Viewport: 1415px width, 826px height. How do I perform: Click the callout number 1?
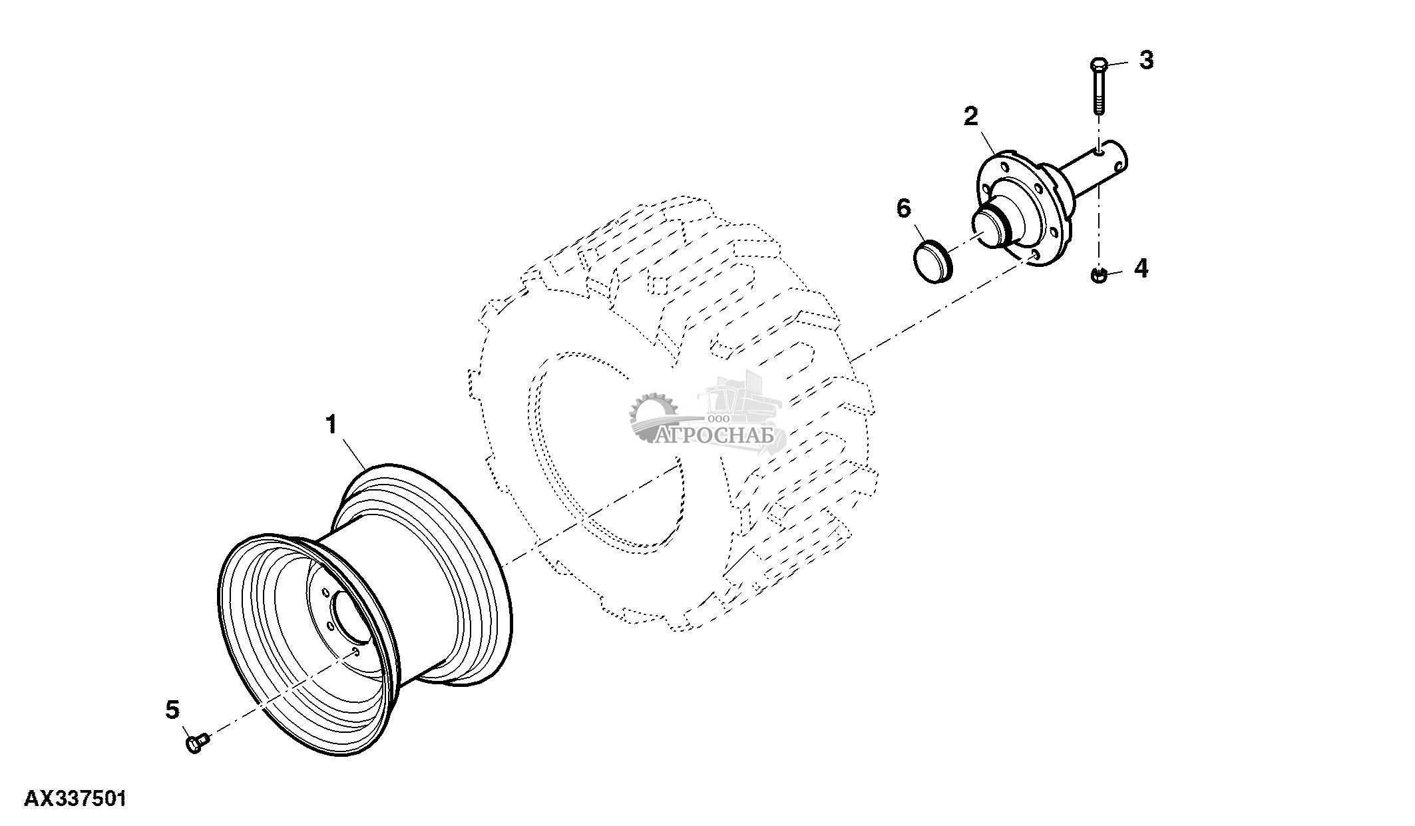pos(331,425)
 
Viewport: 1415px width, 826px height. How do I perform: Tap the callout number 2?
pos(971,116)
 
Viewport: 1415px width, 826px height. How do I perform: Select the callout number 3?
pos(1145,61)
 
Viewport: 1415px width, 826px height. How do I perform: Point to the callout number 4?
pos(1141,269)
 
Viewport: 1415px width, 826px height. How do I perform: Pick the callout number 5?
pos(172,710)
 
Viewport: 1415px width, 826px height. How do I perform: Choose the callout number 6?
pos(903,208)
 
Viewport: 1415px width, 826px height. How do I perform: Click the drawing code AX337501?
pos(75,799)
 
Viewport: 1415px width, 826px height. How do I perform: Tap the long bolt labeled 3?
pos(1098,90)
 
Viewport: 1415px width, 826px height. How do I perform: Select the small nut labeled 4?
pos(1098,274)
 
